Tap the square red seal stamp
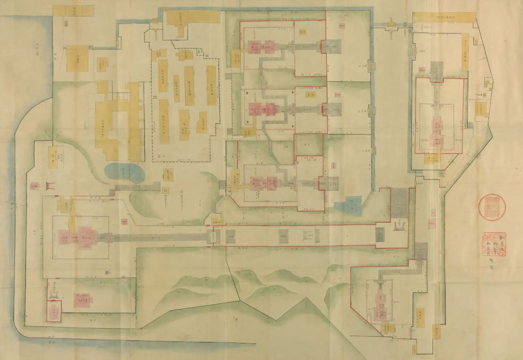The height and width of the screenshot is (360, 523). (x=492, y=244)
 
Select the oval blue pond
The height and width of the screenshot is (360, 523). (x=124, y=171)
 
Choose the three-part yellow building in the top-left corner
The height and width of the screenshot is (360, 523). (x=73, y=12)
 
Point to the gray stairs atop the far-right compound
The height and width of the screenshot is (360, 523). (x=437, y=71)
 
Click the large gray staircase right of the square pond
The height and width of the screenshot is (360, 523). (x=399, y=203)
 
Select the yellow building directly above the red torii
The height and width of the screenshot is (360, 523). (x=55, y=156)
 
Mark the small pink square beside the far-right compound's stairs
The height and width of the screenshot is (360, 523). (x=420, y=69)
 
